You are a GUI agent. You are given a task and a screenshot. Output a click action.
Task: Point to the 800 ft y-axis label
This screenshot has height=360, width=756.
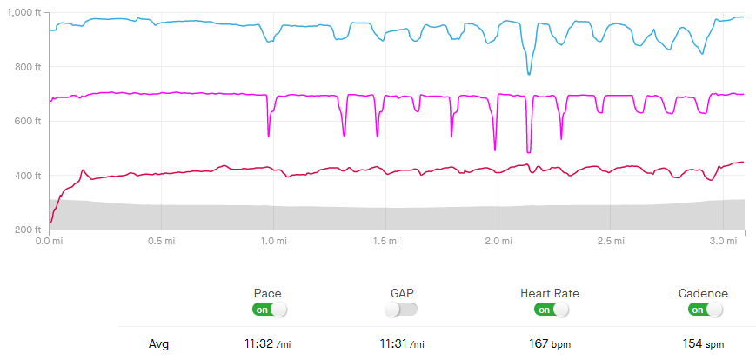tap(26, 67)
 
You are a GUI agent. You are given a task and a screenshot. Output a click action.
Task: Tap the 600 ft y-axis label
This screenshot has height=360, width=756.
tap(26, 121)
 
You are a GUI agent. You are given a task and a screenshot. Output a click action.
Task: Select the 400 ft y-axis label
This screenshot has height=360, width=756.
tap(26, 176)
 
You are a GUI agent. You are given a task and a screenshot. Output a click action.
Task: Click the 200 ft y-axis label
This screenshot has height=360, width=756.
tap(26, 230)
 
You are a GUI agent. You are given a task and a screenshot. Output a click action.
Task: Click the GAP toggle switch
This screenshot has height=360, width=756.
tap(401, 310)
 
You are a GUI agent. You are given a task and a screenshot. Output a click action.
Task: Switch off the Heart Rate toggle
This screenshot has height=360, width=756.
tap(552, 310)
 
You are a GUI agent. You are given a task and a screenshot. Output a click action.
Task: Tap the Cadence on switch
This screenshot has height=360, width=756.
tap(705, 310)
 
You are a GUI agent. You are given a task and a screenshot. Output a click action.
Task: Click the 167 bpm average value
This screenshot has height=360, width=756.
tap(548, 344)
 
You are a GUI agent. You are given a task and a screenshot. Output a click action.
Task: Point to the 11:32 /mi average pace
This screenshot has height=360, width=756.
tap(268, 344)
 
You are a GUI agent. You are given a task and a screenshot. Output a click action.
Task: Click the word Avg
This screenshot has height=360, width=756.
tap(157, 344)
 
